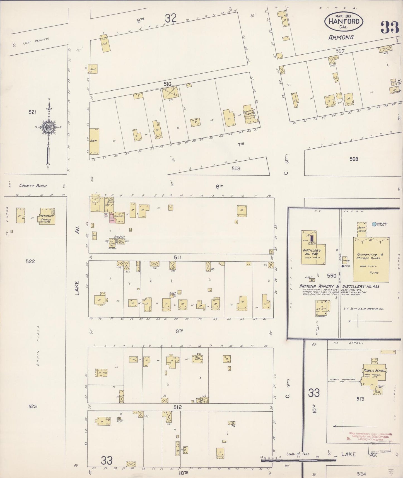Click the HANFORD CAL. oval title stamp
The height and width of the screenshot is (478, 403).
coord(343,21)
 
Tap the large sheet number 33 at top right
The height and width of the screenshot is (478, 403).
coord(390,27)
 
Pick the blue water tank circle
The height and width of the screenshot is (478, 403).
coord(374,224)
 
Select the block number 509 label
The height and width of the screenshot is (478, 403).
coord(236,168)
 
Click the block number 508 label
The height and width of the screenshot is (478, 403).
coord(354,159)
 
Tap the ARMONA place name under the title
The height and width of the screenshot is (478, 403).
coord(341,37)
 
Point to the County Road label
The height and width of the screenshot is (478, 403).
coord(33,185)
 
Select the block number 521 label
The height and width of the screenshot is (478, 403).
coord(32,112)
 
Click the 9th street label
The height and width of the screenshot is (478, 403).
coord(179,331)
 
